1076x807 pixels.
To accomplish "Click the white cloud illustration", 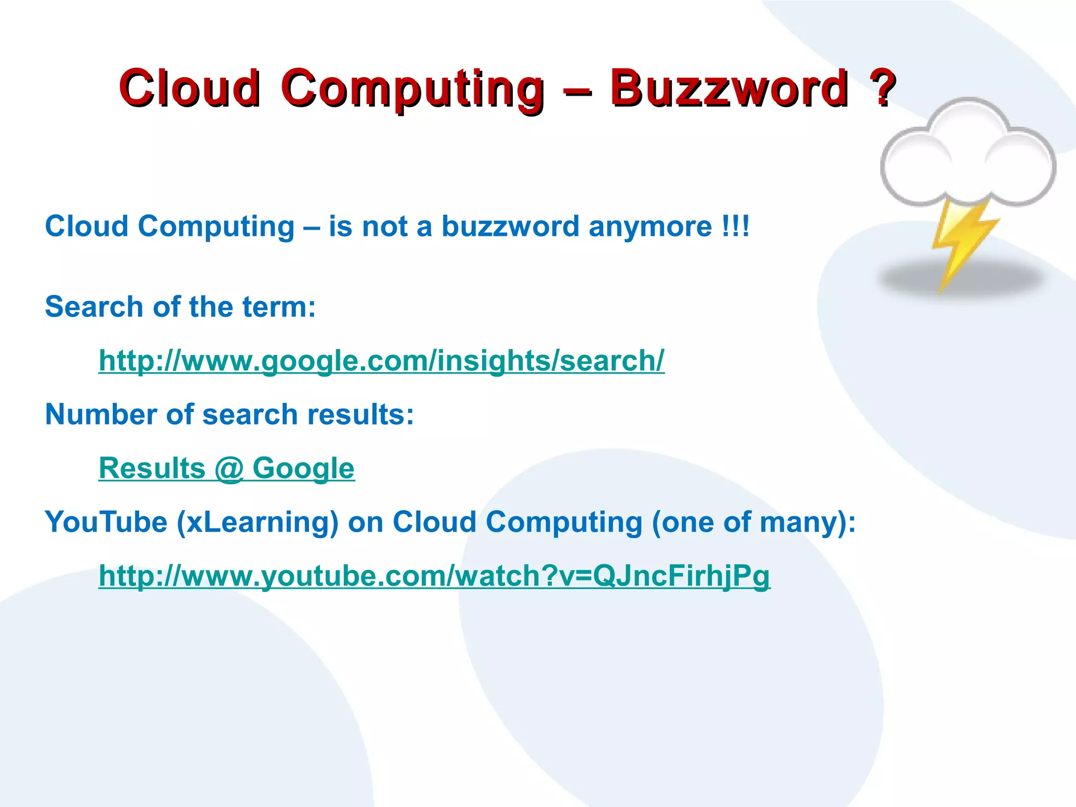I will point(968,155).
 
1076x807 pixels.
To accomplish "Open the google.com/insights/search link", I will point(381,361).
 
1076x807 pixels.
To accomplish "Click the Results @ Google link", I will point(226,469).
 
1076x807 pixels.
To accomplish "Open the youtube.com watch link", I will point(434,576).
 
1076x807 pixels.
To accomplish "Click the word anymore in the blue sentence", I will point(650,227).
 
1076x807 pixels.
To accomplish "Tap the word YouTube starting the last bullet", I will point(106,522).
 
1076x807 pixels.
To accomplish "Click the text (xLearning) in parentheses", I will point(257,522).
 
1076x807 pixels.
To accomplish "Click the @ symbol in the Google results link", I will point(229,469).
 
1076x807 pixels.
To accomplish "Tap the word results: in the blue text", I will point(360,415).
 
